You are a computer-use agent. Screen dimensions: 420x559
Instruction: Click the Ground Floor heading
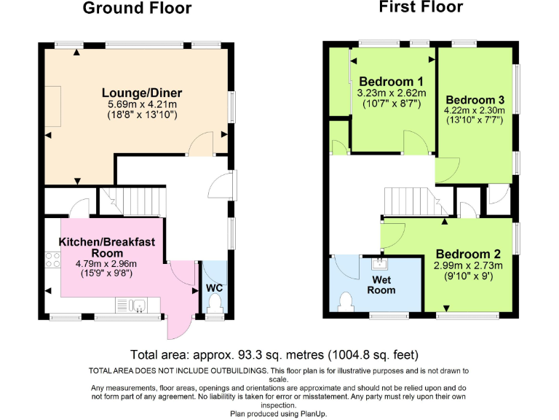(x=137, y=9)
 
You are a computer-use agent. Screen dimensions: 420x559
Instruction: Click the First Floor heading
(x=420, y=7)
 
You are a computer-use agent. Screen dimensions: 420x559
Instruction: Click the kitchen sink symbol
(x=137, y=305)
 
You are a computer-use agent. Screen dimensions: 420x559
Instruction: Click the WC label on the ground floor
(x=214, y=288)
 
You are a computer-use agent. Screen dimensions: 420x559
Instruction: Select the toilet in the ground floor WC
(x=214, y=311)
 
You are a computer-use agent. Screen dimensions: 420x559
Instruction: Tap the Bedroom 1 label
(x=386, y=80)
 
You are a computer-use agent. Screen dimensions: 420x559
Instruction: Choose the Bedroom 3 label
(x=475, y=99)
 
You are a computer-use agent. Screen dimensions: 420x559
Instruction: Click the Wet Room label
(x=383, y=284)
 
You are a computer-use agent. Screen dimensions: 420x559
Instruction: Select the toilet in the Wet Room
(x=346, y=300)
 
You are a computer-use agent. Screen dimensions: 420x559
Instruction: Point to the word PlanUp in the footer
(x=313, y=413)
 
